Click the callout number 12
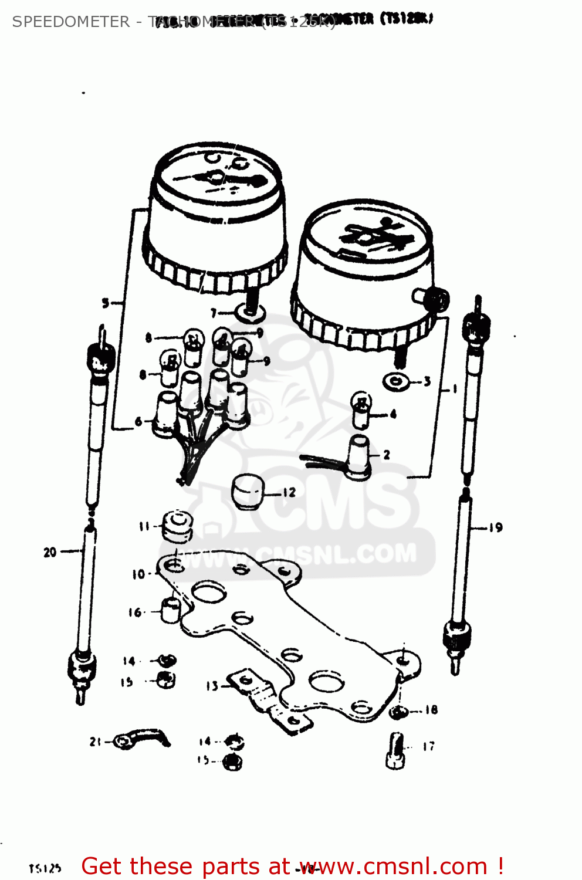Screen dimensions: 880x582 [x=289, y=492]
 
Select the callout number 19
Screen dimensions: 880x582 [x=496, y=527]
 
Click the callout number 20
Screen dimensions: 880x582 [x=50, y=552]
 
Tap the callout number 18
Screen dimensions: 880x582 [x=431, y=710]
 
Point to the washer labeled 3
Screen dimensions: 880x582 [x=397, y=383]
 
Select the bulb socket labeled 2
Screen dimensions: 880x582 [x=360, y=457]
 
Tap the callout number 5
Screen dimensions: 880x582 [x=106, y=303]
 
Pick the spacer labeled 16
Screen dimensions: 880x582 [x=171, y=611]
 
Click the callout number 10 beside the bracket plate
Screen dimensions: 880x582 [x=138, y=574]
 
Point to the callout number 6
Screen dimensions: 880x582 [x=138, y=421]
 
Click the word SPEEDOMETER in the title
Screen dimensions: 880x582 [x=70, y=22]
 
